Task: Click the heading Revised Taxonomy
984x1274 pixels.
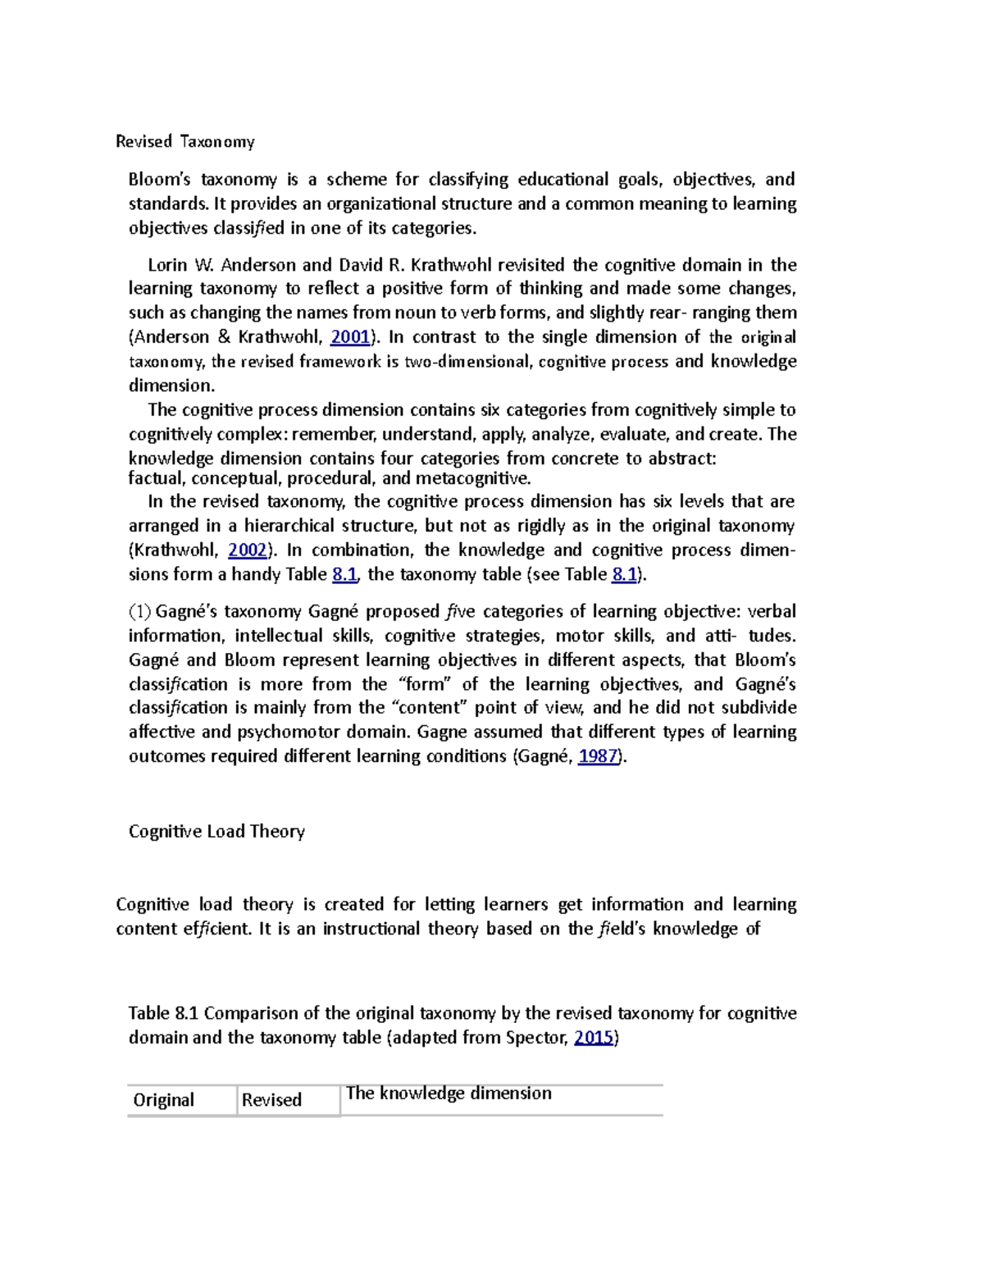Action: click(184, 142)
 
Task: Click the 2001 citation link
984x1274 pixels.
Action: click(350, 337)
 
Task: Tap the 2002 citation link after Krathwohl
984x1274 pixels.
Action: click(247, 550)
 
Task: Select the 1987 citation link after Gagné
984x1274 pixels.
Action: click(598, 756)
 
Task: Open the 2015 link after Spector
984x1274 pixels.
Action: click(594, 1038)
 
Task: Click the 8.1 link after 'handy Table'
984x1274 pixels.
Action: click(344, 575)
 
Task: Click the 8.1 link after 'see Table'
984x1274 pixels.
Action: click(624, 575)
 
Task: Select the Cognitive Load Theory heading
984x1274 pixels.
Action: click(216, 832)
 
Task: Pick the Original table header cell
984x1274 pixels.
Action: click(164, 1100)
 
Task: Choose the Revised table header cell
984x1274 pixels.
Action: click(271, 1100)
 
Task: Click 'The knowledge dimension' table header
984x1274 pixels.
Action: click(449, 1094)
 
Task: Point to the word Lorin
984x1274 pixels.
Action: click(167, 265)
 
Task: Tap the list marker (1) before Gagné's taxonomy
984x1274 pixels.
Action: click(139, 612)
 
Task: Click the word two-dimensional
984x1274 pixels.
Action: click(468, 362)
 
